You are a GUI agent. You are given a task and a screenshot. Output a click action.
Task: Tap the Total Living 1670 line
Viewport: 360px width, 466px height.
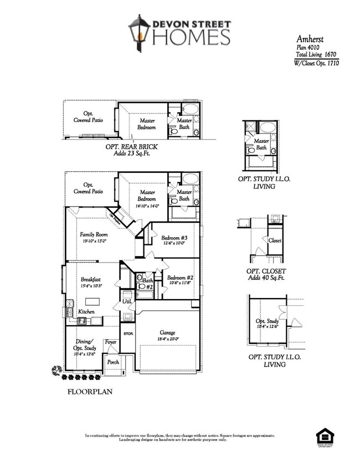pos(316,55)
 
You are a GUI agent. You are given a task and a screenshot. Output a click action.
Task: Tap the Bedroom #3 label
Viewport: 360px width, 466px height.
pos(172,238)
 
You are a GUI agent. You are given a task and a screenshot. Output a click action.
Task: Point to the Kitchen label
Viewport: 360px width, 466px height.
pos(86,312)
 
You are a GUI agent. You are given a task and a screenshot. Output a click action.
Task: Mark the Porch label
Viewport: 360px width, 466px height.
pos(113,362)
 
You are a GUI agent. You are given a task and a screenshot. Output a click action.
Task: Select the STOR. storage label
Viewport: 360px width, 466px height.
pos(128,334)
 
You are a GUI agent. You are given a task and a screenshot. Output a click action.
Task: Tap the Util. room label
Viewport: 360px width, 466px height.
pos(126,301)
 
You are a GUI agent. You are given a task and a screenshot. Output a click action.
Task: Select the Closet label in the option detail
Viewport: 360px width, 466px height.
pos(275,241)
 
